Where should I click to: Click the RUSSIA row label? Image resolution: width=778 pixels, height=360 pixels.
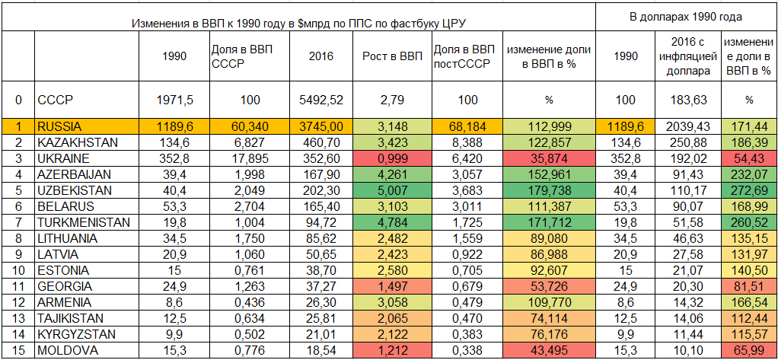point(59,127)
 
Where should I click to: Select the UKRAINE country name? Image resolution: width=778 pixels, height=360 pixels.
point(63,158)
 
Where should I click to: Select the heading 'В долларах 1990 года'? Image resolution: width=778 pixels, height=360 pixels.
point(686,15)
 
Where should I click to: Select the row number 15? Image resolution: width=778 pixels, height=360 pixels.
point(18,350)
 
